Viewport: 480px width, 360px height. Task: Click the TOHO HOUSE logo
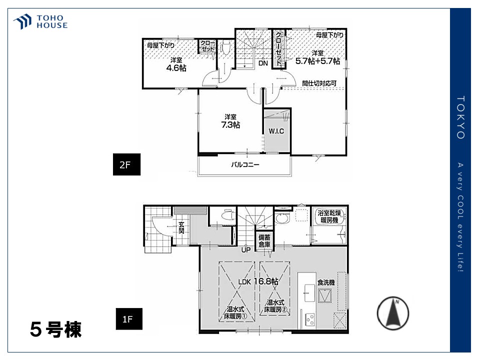click(40, 21)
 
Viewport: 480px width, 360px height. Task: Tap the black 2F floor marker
click(126, 164)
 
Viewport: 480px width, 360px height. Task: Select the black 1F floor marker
click(129, 318)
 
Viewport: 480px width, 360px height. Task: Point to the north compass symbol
click(393, 313)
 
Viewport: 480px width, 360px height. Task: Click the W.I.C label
click(276, 131)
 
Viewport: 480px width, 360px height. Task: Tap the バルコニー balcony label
click(245, 164)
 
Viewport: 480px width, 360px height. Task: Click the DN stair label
click(263, 63)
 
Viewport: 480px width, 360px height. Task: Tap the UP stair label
click(246, 250)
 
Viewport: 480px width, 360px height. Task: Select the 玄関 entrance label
click(181, 228)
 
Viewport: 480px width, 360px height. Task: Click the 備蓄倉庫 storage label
click(264, 241)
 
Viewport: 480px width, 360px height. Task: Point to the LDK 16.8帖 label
click(258, 281)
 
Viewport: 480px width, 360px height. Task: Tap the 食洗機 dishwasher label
click(326, 282)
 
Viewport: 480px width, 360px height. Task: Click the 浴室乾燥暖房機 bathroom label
click(329, 216)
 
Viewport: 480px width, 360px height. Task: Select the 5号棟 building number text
click(55, 329)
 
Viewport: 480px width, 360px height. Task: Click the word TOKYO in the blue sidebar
click(460, 117)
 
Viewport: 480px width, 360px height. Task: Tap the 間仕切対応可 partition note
click(319, 83)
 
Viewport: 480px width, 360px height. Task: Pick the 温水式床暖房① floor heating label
click(235, 312)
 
